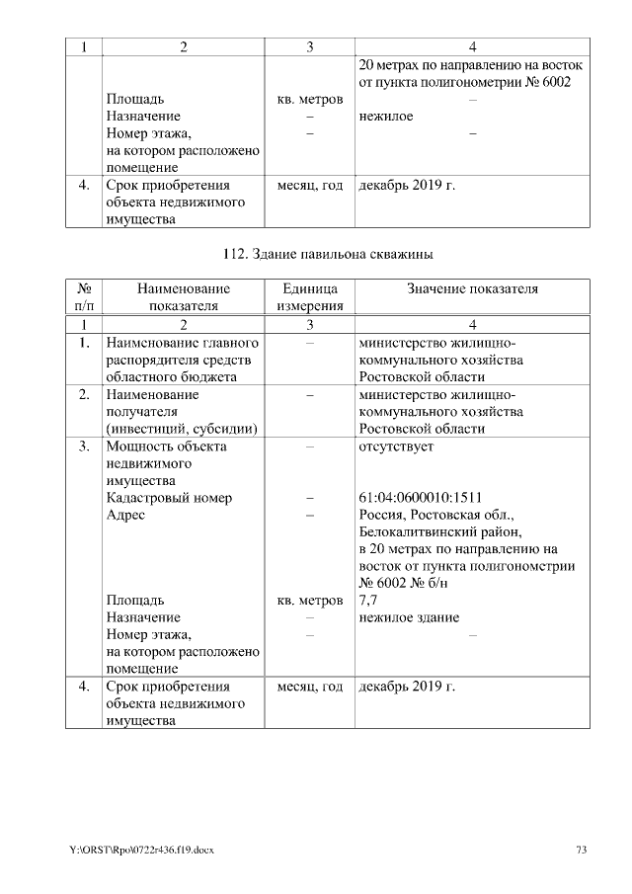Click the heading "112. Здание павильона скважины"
click(327, 255)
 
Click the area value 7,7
click(367, 600)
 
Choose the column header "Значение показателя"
click(472, 288)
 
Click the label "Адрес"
click(125, 515)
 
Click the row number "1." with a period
click(84, 342)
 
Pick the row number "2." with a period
click(84, 394)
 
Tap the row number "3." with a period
click(84, 446)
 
